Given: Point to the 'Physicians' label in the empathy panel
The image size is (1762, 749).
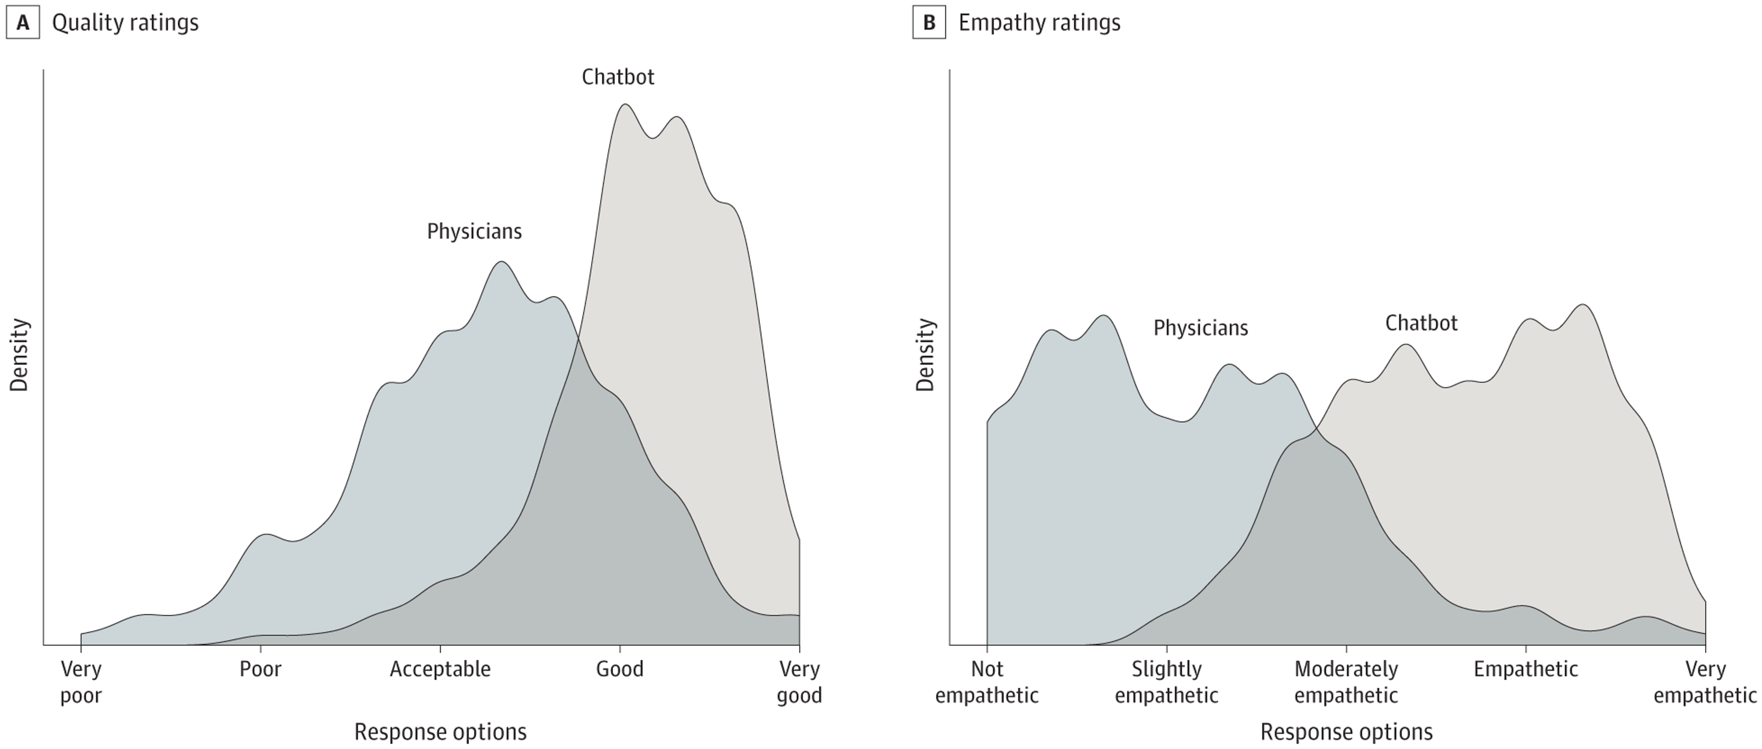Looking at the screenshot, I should coord(1200,328).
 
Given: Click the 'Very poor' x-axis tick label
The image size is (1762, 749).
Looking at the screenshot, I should coord(81,682).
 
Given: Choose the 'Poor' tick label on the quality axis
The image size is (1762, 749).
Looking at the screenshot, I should coord(260,669).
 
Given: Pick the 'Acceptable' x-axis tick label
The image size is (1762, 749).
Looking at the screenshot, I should coord(440,669).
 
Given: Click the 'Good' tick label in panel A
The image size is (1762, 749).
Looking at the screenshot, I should coord(619,669).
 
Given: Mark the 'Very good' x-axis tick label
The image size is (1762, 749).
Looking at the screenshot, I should coord(799,682).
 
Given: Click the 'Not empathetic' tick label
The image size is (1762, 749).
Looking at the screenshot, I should coord(986,682).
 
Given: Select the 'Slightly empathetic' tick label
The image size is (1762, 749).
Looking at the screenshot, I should coord(1166,682).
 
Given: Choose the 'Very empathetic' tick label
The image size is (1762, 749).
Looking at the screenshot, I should coord(1705,682).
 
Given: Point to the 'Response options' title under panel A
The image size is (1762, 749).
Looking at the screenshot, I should coord(440,732).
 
